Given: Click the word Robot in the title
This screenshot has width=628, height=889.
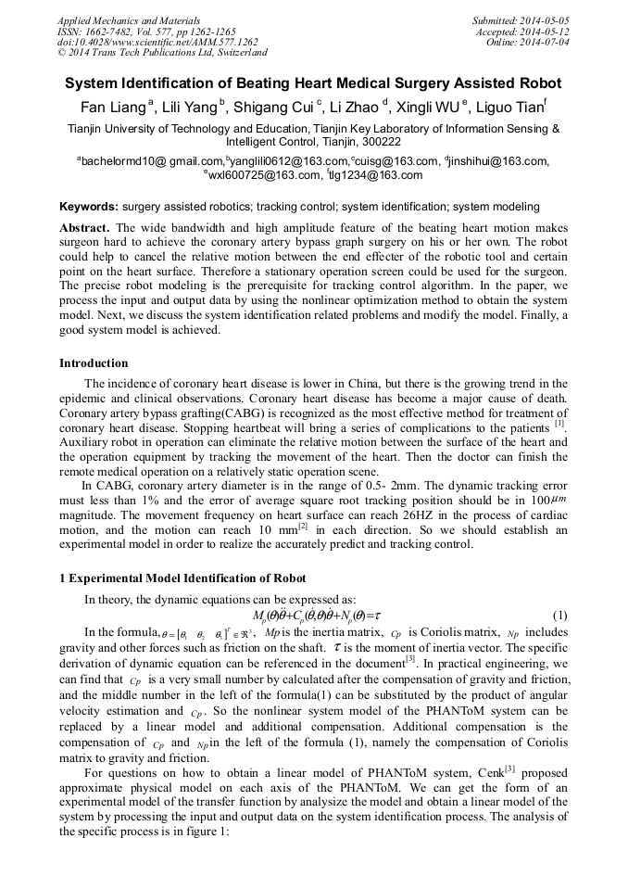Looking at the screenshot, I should point(541,83).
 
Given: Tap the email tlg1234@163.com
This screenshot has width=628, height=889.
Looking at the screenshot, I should point(377,175).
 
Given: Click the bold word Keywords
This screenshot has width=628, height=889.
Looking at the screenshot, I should point(89,206).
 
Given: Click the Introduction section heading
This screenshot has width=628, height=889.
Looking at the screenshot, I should point(94,363).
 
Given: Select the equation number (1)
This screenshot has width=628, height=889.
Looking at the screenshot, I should point(559,616).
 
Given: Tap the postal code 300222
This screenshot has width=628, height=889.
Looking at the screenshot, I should point(379,143).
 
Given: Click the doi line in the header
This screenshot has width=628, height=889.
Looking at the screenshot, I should point(157,43).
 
